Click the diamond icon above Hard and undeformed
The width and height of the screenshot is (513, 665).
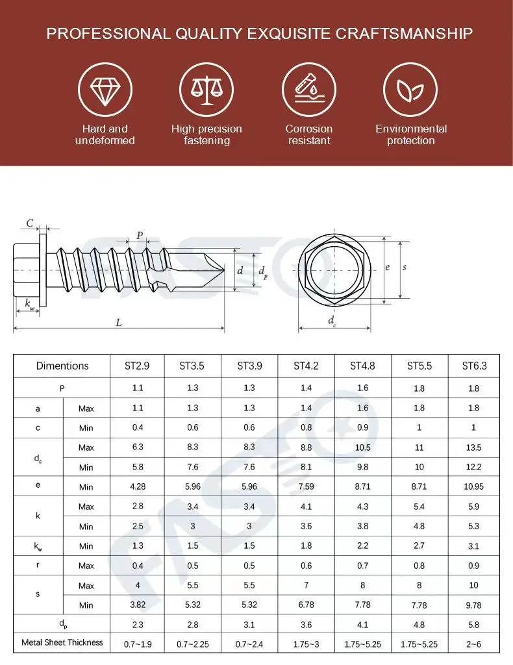[x=105, y=90]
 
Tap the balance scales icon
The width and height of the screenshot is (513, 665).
[x=206, y=90]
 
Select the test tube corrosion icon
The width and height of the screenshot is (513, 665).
[x=308, y=90]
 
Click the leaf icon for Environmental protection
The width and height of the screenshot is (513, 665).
[x=410, y=90]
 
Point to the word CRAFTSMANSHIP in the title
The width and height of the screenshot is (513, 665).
[x=404, y=34]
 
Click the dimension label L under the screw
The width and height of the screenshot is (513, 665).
[x=119, y=323]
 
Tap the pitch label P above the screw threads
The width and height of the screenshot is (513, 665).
[x=139, y=236]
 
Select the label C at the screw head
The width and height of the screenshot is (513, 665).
[x=30, y=223]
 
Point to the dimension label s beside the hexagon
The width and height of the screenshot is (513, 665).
[x=405, y=268]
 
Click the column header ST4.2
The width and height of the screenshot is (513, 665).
[x=306, y=366]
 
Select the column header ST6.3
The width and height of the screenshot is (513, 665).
[x=474, y=366]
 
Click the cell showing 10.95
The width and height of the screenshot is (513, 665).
[x=474, y=486]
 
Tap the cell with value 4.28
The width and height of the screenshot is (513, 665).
[x=137, y=486]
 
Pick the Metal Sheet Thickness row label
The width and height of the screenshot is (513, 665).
[x=62, y=642]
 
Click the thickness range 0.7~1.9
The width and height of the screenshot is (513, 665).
[x=137, y=644]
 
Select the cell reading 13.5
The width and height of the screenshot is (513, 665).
[x=474, y=447]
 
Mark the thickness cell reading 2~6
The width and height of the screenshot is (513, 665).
[x=474, y=644]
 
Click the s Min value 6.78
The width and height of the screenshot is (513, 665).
[x=306, y=605]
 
